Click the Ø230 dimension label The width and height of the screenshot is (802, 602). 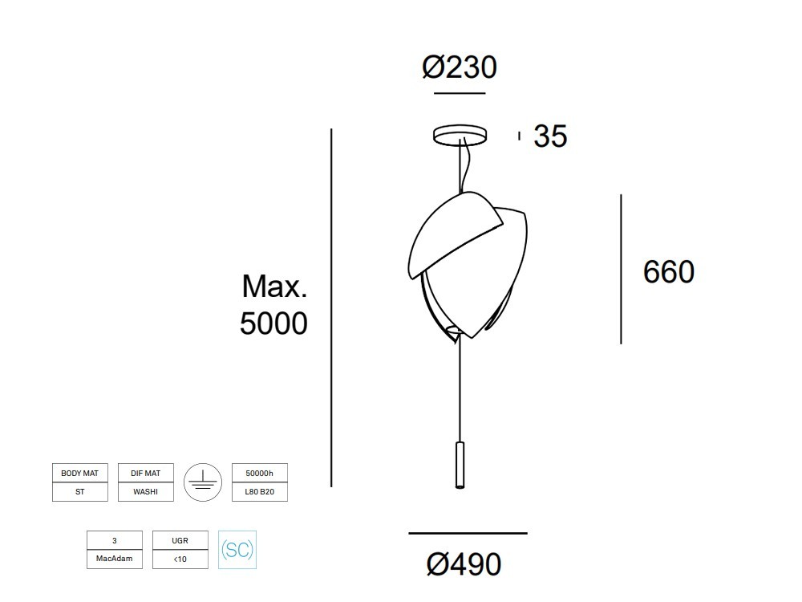pos(460,67)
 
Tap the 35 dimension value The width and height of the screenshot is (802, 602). pos(550,136)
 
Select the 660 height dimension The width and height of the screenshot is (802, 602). pos(668,272)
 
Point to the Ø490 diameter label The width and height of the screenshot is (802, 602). pos(464,564)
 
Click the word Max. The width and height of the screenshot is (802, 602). pos(274,286)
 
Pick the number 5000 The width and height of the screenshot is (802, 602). pos(273,323)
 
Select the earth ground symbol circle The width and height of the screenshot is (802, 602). pos(202,482)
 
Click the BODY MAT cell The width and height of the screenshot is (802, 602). pos(79,474)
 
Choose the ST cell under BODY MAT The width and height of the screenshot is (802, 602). pos(79,492)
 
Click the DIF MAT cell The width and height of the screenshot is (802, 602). pos(145,474)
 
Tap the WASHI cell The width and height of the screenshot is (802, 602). pos(145,492)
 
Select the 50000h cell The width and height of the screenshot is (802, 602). pos(259,474)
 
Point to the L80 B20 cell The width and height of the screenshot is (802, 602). pos(259,492)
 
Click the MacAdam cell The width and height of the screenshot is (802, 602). pos(114,559)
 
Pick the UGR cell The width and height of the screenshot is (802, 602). pos(180,541)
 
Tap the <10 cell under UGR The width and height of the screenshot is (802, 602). pos(180,559)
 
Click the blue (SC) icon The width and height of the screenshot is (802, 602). pos(237,551)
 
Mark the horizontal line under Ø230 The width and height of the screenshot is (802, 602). pos(460,94)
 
